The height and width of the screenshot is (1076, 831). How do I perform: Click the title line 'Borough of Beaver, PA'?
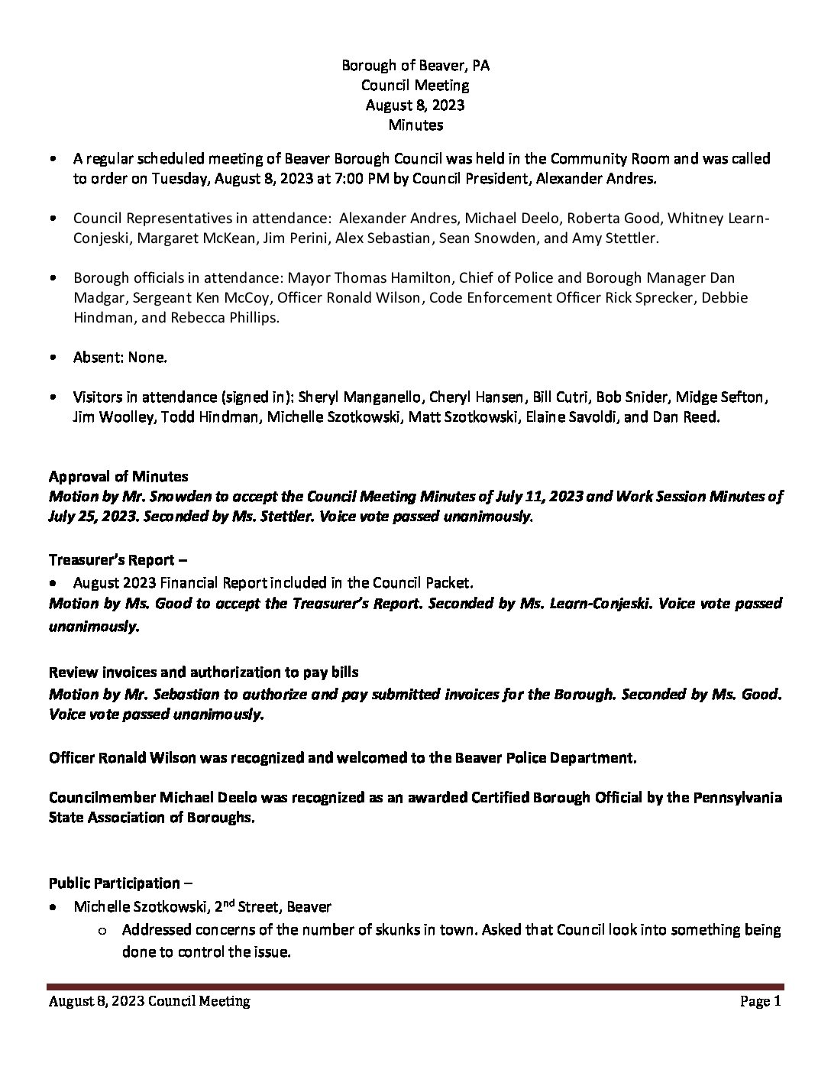coord(415,66)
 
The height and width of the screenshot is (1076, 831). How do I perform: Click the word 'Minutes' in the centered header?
coord(415,125)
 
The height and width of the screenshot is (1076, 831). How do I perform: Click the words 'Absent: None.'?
coord(120,357)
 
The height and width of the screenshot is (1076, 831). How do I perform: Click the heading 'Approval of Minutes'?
coord(118,476)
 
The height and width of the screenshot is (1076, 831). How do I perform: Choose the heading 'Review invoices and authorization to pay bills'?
coord(204,672)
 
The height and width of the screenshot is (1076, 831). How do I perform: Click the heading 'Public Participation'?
coord(115,883)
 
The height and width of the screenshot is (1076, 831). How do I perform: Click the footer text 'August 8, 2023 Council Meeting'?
coord(150,1001)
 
